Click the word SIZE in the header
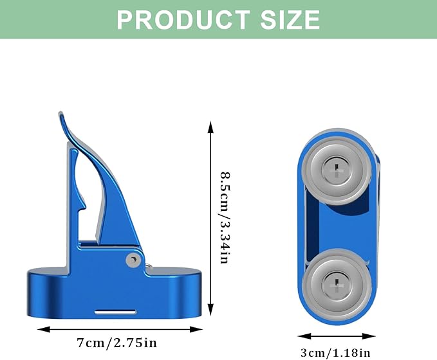pos(290,19)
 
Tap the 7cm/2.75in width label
pos(116,343)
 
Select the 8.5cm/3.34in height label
pos(225,218)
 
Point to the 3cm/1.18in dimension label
pos(335,353)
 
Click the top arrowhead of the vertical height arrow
pos(210,127)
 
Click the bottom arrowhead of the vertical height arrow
pos(210,310)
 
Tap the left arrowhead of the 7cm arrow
pos(44,329)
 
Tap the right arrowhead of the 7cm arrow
pos(196,329)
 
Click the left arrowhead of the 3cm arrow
pos(304,336)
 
